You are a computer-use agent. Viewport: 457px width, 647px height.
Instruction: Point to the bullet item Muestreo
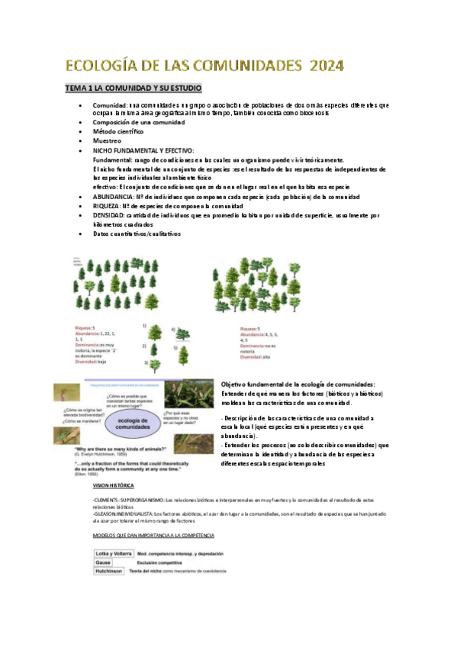pos(108,141)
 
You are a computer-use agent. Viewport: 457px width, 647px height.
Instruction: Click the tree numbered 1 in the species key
pos(155,330)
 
